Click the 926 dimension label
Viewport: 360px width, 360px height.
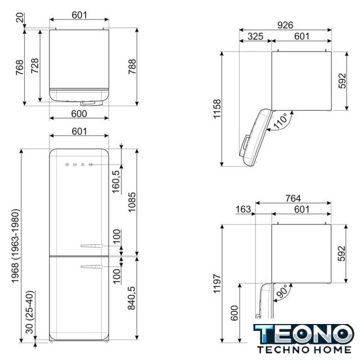click(285, 25)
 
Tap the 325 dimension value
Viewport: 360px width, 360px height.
click(255, 36)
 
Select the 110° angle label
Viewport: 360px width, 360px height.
click(280, 120)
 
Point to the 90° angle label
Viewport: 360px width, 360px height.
click(281, 291)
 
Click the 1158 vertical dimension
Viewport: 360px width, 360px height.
click(217, 109)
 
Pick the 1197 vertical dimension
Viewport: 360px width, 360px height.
click(217, 283)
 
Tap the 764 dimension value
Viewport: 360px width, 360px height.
click(293, 199)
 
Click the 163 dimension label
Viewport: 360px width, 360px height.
click(243, 209)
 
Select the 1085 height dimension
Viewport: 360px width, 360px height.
click(132, 202)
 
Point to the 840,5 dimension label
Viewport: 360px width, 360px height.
click(132, 298)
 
